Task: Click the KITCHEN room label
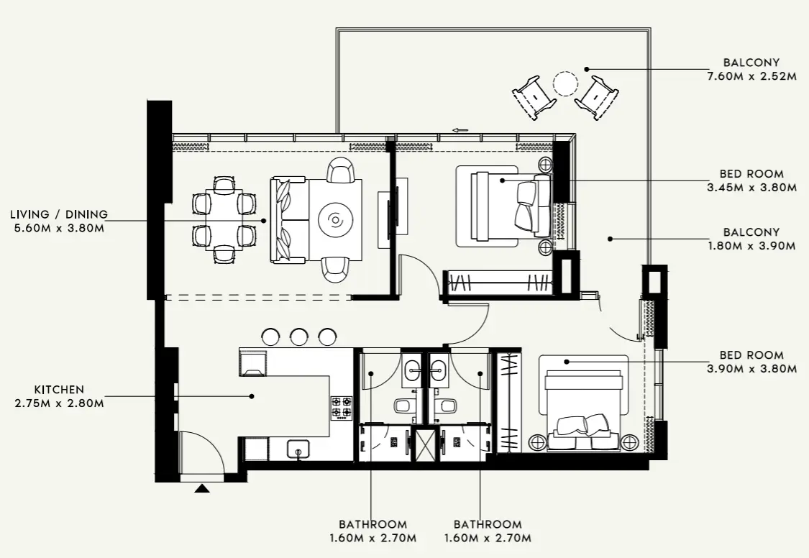click(x=59, y=389)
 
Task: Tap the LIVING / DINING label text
click(x=59, y=214)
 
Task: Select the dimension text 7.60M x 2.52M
click(x=751, y=76)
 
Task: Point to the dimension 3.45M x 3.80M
click(x=751, y=188)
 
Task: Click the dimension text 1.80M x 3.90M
click(x=751, y=246)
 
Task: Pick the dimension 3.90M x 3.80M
click(x=751, y=369)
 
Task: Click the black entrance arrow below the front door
click(x=203, y=488)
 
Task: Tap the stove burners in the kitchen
click(x=341, y=408)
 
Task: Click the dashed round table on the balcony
click(x=565, y=83)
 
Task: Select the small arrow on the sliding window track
click(x=460, y=130)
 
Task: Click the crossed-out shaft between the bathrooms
click(x=426, y=444)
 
